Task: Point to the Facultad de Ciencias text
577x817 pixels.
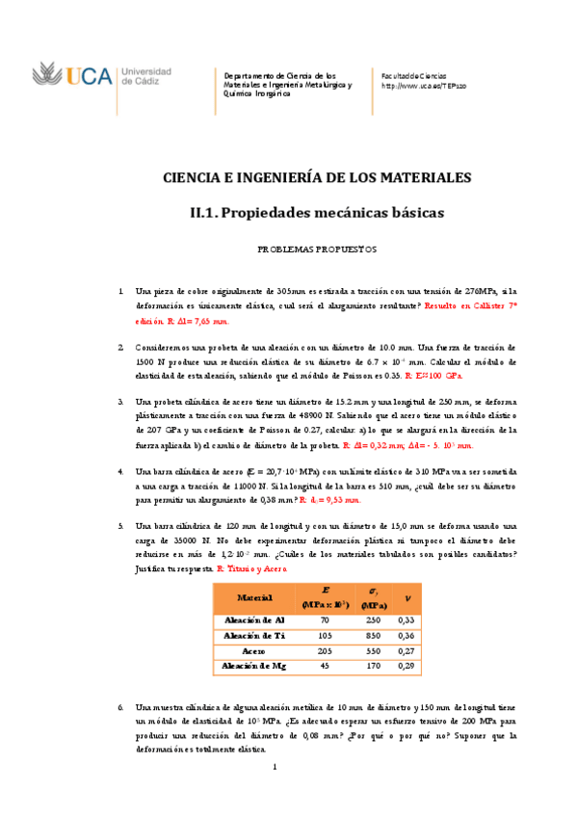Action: pos(414,74)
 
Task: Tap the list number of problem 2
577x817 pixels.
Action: pos(120,346)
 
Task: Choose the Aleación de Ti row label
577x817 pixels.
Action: pos(254,636)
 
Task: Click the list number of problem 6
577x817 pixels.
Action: pos(120,707)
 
